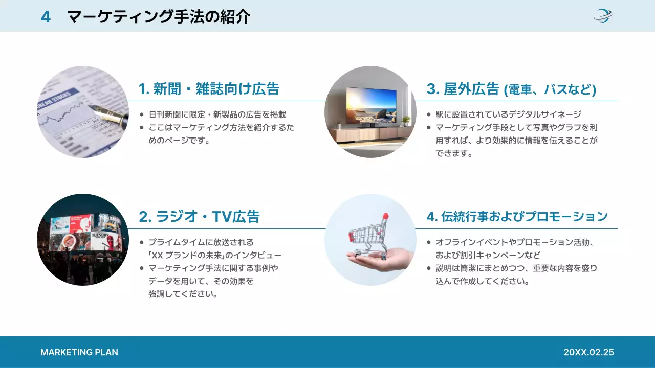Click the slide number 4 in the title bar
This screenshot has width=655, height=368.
[46, 17]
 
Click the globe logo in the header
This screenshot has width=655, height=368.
[603, 16]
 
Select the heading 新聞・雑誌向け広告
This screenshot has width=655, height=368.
[209, 89]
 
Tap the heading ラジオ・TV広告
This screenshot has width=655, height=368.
[200, 217]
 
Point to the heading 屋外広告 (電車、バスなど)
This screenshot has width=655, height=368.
[511, 89]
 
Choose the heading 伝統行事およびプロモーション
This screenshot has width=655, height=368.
[517, 217]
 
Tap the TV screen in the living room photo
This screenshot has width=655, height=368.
[371, 105]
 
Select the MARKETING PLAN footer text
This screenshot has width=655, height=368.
[79, 352]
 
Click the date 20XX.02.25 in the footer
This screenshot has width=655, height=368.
[588, 352]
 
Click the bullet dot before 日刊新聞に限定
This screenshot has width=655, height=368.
[142, 114]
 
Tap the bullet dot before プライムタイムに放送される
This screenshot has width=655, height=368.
[142, 242]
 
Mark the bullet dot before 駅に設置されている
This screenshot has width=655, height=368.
[429, 114]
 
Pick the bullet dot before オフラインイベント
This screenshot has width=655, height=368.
[429, 242]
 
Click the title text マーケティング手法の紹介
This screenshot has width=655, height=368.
[159, 17]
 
